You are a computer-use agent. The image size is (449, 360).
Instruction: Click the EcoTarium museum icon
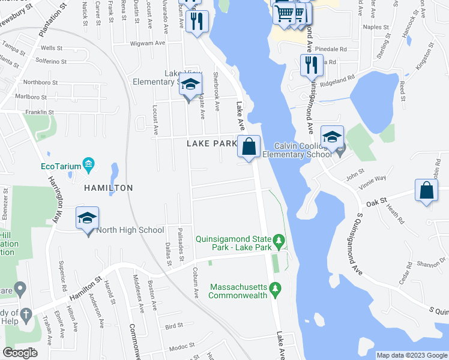point(88,164)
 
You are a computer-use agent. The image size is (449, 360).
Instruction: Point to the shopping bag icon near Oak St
point(426,191)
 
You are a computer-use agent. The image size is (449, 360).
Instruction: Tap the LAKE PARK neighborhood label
point(212,144)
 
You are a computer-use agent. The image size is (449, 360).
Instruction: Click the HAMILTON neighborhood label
point(109,188)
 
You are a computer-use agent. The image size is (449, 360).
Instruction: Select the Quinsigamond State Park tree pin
point(278,241)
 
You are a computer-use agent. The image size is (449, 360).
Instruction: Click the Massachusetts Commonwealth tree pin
point(275,289)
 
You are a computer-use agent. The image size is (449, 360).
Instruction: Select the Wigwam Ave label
point(148,43)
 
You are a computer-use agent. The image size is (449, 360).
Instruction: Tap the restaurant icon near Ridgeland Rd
point(310,65)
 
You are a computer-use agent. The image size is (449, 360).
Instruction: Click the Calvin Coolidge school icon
point(332,137)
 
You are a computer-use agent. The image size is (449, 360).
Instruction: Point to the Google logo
point(20,353)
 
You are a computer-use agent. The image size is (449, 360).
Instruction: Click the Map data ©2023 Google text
point(412,355)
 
